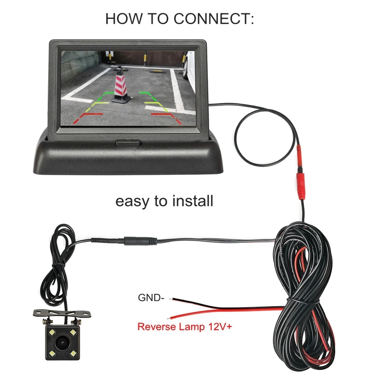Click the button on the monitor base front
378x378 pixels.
pyautogui.click(x=129, y=141)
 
